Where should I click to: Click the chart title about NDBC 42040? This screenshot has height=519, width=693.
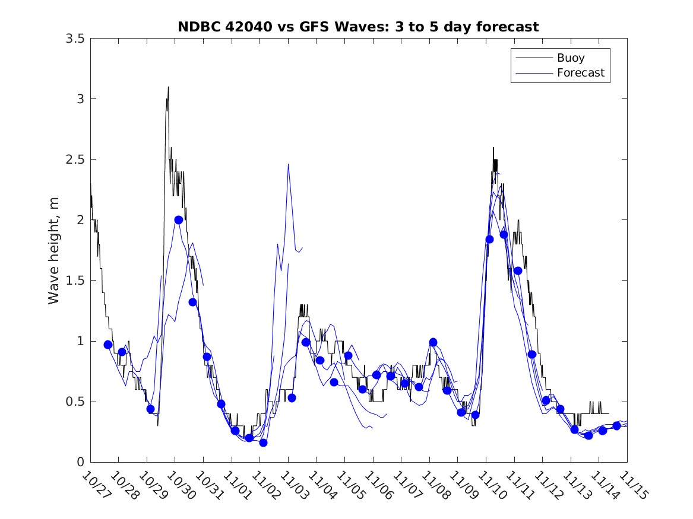pyautogui.click(x=358, y=27)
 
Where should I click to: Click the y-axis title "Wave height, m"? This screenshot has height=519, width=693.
pyautogui.click(x=54, y=250)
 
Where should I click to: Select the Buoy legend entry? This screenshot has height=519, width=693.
pyautogui.click(x=570, y=58)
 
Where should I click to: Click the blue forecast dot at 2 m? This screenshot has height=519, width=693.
pyautogui.click(x=178, y=219)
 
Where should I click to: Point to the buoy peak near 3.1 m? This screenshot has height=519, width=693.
pyautogui.click(x=168, y=87)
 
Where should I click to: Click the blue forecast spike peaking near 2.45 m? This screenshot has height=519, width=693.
pyautogui.click(x=288, y=164)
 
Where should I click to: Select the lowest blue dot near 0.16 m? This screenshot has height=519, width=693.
pyautogui.click(x=263, y=442)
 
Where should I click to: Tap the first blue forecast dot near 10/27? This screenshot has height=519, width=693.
pyautogui.click(x=108, y=345)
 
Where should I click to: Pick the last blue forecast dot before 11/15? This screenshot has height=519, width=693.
pyautogui.click(x=616, y=426)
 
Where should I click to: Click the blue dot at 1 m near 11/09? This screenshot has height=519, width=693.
pyautogui.click(x=433, y=342)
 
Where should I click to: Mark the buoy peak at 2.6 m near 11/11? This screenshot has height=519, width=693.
pyautogui.click(x=493, y=148)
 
